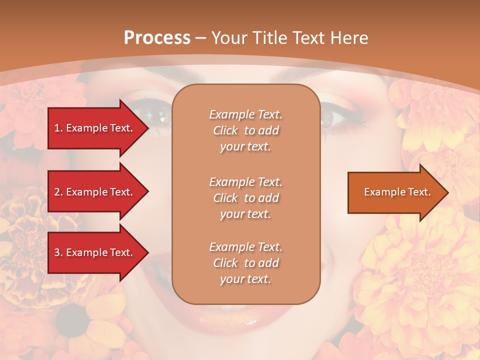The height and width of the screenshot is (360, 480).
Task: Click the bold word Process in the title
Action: tap(157, 38)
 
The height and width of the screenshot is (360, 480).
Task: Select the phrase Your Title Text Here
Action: tap(290, 38)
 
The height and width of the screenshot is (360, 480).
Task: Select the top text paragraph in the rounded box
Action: tap(245, 130)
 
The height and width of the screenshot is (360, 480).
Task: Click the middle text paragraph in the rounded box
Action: tap(245, 197)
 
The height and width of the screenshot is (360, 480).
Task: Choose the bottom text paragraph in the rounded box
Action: tap(245, 263)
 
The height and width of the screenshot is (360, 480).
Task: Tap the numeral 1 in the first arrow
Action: tap(57, 128)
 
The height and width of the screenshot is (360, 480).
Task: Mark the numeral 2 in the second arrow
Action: tap(57, 192)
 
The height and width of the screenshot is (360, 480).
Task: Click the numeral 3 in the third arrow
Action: tap(57, 252)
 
